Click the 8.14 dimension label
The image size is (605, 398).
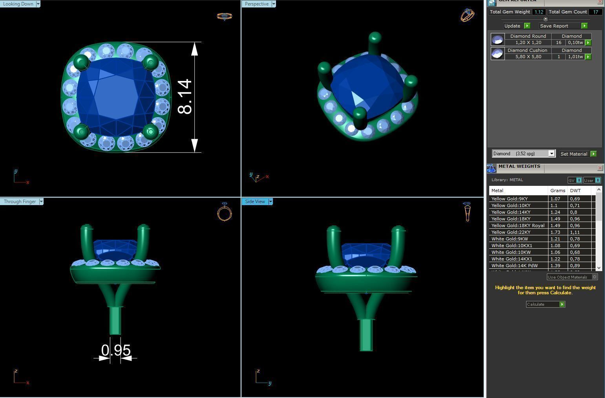pos(185,97)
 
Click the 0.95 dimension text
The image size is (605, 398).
pos(116,350)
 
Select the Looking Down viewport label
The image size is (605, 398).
pos(18,4)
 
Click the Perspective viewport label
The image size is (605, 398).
pos(256,4)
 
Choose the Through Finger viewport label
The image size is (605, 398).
pos(20,202)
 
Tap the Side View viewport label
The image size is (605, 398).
pos(255,202)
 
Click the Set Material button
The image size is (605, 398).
pos(574,154)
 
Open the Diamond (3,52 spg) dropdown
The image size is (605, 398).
pos(523,154)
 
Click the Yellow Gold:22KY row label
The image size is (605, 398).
pos(511,232)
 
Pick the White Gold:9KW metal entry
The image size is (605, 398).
pos(510,239)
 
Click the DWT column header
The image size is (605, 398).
pos(575,191)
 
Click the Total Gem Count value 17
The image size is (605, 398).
pos(595,12)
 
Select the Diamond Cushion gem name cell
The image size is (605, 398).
pos(527,50)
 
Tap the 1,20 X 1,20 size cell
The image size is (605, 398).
pos(528,42)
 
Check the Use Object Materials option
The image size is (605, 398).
pos(594,277)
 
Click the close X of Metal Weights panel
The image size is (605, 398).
pos(600,168)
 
